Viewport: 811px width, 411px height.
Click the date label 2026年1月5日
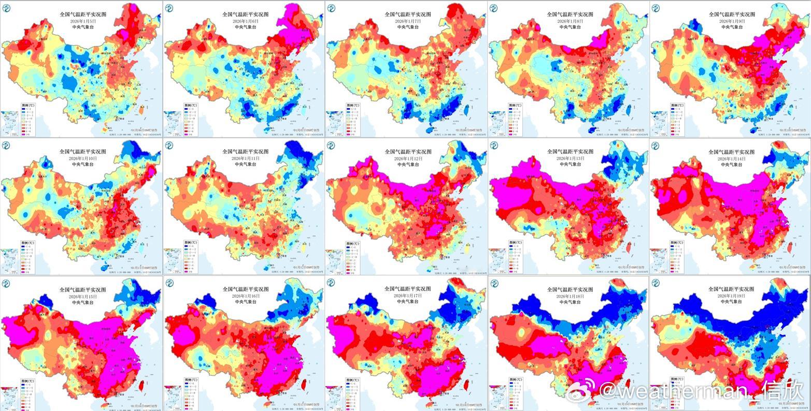[x=82, y=21]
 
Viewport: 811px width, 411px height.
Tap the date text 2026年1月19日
[x=731, y=296]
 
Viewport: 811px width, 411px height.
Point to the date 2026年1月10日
[x=82, y=158]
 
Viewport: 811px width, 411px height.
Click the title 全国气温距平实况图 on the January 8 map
[x=570, y=14]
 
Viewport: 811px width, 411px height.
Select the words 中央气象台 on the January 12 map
[x=408, y=164]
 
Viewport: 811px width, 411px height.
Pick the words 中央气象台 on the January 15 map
[x=82, y=302]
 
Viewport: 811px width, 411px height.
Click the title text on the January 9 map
[x=731, y=14]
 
